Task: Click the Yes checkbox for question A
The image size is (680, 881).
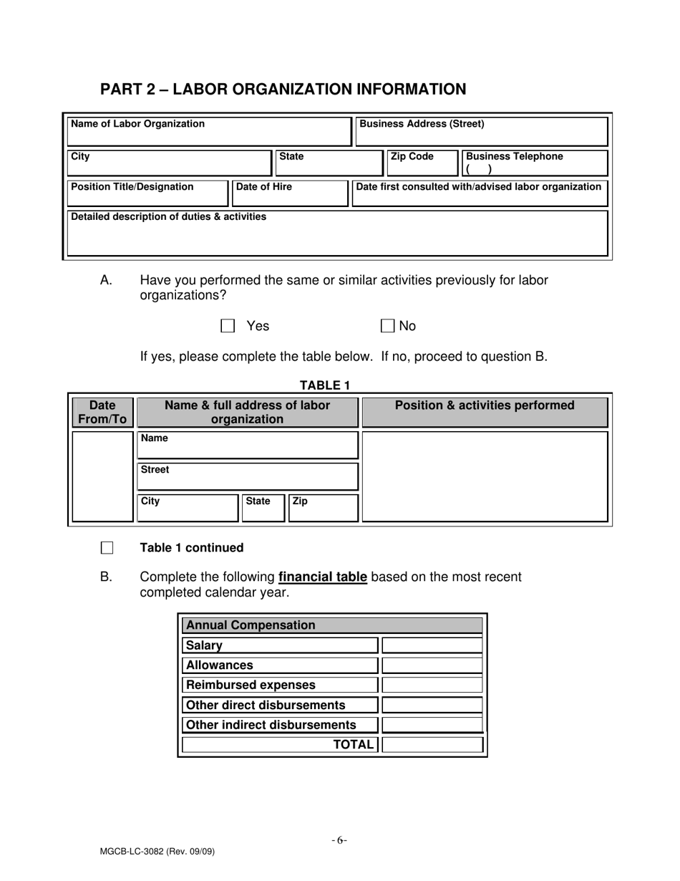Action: (228, 326)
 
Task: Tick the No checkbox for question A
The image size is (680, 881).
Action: (387, 326)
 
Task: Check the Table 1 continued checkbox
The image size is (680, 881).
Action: (107, 548)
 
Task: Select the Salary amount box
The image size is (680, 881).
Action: (432, 645)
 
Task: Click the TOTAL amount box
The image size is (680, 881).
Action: (432, 745)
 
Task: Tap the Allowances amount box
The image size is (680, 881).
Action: (432, 665)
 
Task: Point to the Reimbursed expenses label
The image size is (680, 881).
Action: (251, 685)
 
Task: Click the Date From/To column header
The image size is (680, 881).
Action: (102, 413)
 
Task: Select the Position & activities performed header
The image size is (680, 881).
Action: (485, 406)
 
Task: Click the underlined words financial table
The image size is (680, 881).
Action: (322, 577)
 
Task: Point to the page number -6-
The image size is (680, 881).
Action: (339, 840)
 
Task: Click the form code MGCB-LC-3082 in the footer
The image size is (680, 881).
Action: (157, 852)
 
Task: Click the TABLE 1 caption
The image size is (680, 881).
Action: (324, 385)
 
